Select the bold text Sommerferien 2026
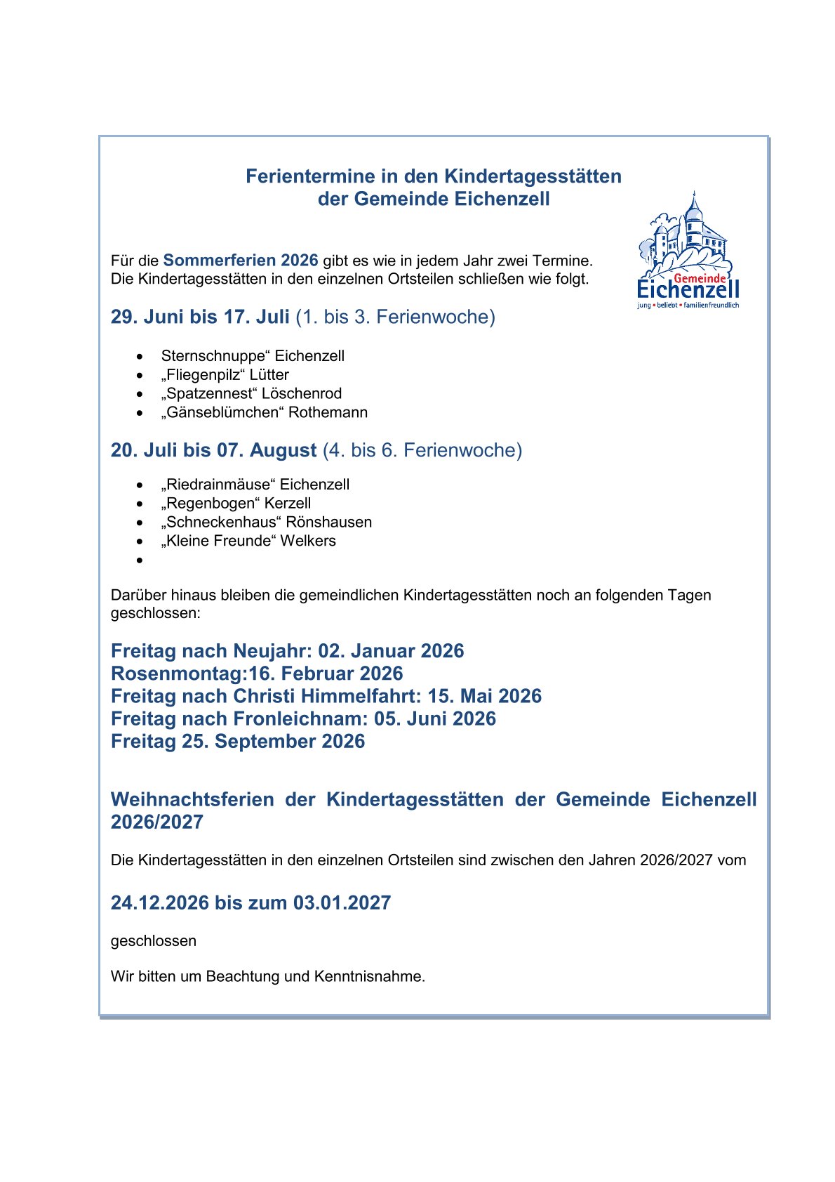click(241, 261)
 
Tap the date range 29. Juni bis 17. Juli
click(200, 317)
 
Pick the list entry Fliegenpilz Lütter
click(225, 375)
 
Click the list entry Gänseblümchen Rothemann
click(264, 412)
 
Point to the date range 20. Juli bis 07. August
click(213, 450)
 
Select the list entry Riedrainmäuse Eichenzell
click(255, 485)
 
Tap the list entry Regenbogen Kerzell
click(236, 504)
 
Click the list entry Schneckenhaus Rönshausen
click(266, 523)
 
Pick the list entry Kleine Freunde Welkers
click(248, 541)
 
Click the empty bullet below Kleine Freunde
click(140, 560)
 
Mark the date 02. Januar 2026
click(391, 651)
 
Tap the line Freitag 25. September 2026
click(238, 741)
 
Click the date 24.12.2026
click(160, 902)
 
